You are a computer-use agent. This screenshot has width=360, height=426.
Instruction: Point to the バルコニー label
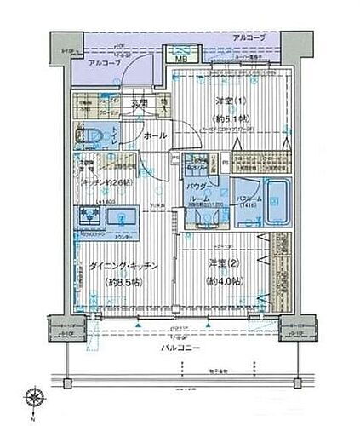(180, 348)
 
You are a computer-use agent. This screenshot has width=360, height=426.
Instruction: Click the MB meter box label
(181, 59)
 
